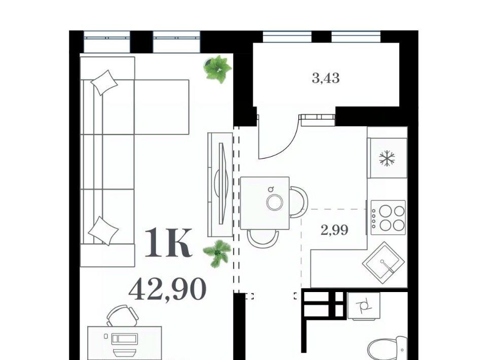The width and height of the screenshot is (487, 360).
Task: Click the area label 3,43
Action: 326,78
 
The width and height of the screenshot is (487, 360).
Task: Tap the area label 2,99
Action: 334,230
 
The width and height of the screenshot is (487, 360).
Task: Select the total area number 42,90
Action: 167,289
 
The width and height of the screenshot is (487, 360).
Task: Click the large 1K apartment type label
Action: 168,242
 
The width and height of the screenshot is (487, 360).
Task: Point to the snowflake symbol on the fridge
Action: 387,158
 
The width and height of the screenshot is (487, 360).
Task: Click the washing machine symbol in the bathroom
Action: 364,306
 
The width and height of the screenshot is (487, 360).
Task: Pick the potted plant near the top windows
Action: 218,69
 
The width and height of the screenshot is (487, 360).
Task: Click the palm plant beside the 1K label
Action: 218,253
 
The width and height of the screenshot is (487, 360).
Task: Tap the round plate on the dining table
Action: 275,202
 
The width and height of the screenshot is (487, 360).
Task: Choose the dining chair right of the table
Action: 299,202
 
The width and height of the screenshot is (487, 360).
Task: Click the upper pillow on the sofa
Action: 104,83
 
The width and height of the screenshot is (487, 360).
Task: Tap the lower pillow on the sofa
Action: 103,231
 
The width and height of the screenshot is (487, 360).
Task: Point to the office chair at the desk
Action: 122,315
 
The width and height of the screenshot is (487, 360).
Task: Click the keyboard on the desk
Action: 124,338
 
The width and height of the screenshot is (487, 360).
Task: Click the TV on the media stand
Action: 222,184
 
